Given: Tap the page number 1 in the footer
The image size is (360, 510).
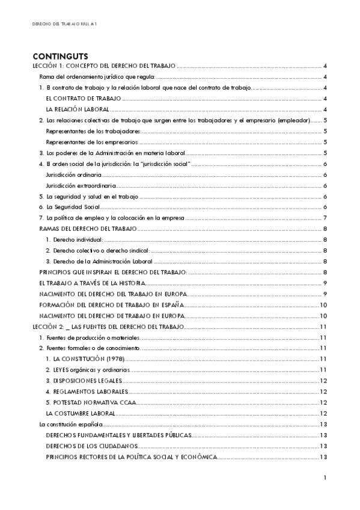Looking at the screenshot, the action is tap(324, 478).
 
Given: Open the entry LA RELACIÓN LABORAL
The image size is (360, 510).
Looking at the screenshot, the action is tap(78, 109).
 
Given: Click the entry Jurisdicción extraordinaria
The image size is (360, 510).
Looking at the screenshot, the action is tap(81, 186).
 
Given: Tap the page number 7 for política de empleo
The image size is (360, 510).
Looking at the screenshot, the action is tap(325, 218).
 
